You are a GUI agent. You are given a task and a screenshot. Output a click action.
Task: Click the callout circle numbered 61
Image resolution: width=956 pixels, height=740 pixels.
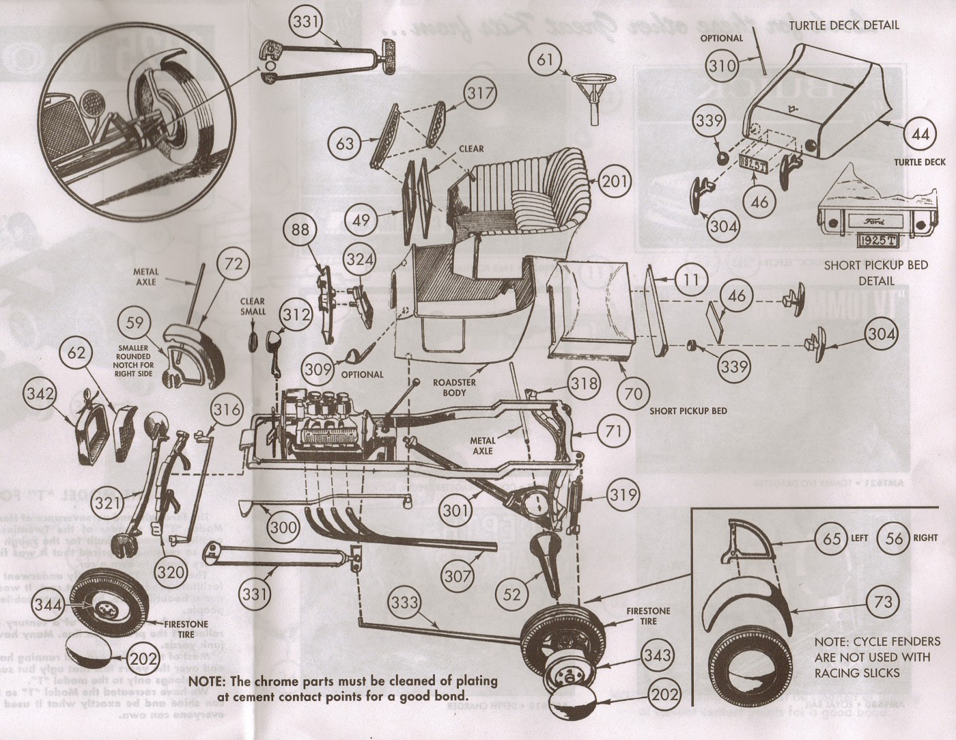pyautogui.click(x=544, y=60)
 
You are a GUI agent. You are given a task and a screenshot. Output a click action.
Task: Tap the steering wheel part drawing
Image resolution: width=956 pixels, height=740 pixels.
pyautogui.click(x=591, y=90)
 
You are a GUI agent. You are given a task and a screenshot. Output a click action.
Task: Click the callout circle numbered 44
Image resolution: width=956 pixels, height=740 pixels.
pyautogui.click(x=920, y=135)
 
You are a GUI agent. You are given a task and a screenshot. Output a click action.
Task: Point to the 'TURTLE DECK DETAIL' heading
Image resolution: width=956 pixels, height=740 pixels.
pyautogui.click(x=844, y=25)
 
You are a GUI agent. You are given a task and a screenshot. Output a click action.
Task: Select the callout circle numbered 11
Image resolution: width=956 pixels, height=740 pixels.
pyautogui.click(x=692, y=280)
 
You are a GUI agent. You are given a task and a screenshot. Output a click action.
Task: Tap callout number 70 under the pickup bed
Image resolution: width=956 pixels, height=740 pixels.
pyautogui.click(x=634, y=394)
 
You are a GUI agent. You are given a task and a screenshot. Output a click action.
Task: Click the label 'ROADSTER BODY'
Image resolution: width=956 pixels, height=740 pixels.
pyautogui.click(x=454, y=387)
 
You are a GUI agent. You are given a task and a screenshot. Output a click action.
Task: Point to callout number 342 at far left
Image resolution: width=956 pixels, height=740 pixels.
pyautogui.click(x=41, y=394)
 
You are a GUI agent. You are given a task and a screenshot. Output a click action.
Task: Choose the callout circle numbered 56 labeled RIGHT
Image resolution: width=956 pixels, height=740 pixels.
pyautogui.click(x=893, y=538)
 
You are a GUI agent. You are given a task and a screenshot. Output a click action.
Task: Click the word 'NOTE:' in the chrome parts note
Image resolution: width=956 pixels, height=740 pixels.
pyautogui.click(x=208, y=681)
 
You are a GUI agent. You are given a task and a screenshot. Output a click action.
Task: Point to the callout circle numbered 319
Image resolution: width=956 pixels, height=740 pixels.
pyautogui.click(x=622, y=495)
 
